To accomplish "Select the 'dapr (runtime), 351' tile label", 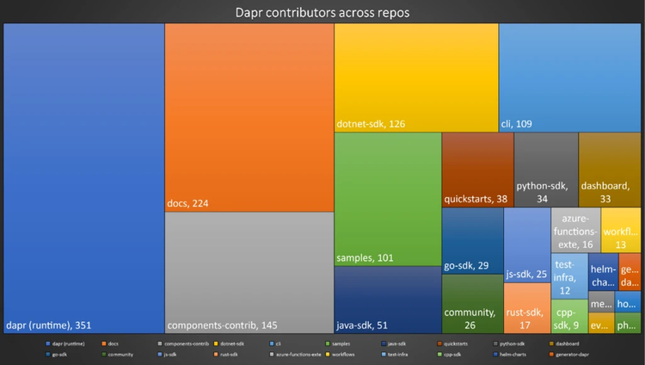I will click(x=48, y=325).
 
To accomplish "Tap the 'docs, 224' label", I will click(x=188, y=203).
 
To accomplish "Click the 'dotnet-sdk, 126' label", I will click(x=371, y=124).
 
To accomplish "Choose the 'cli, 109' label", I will click(x=516, y=124).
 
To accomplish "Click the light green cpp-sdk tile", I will click(x=569, y=314).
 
